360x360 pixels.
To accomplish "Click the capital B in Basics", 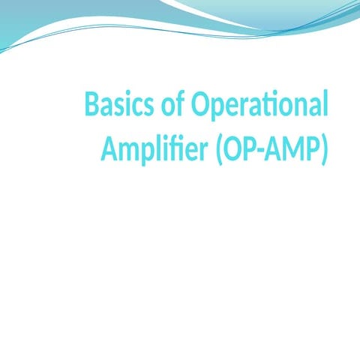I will [x=92, y=105].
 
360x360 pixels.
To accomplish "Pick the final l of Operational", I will [x=325, y=104].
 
